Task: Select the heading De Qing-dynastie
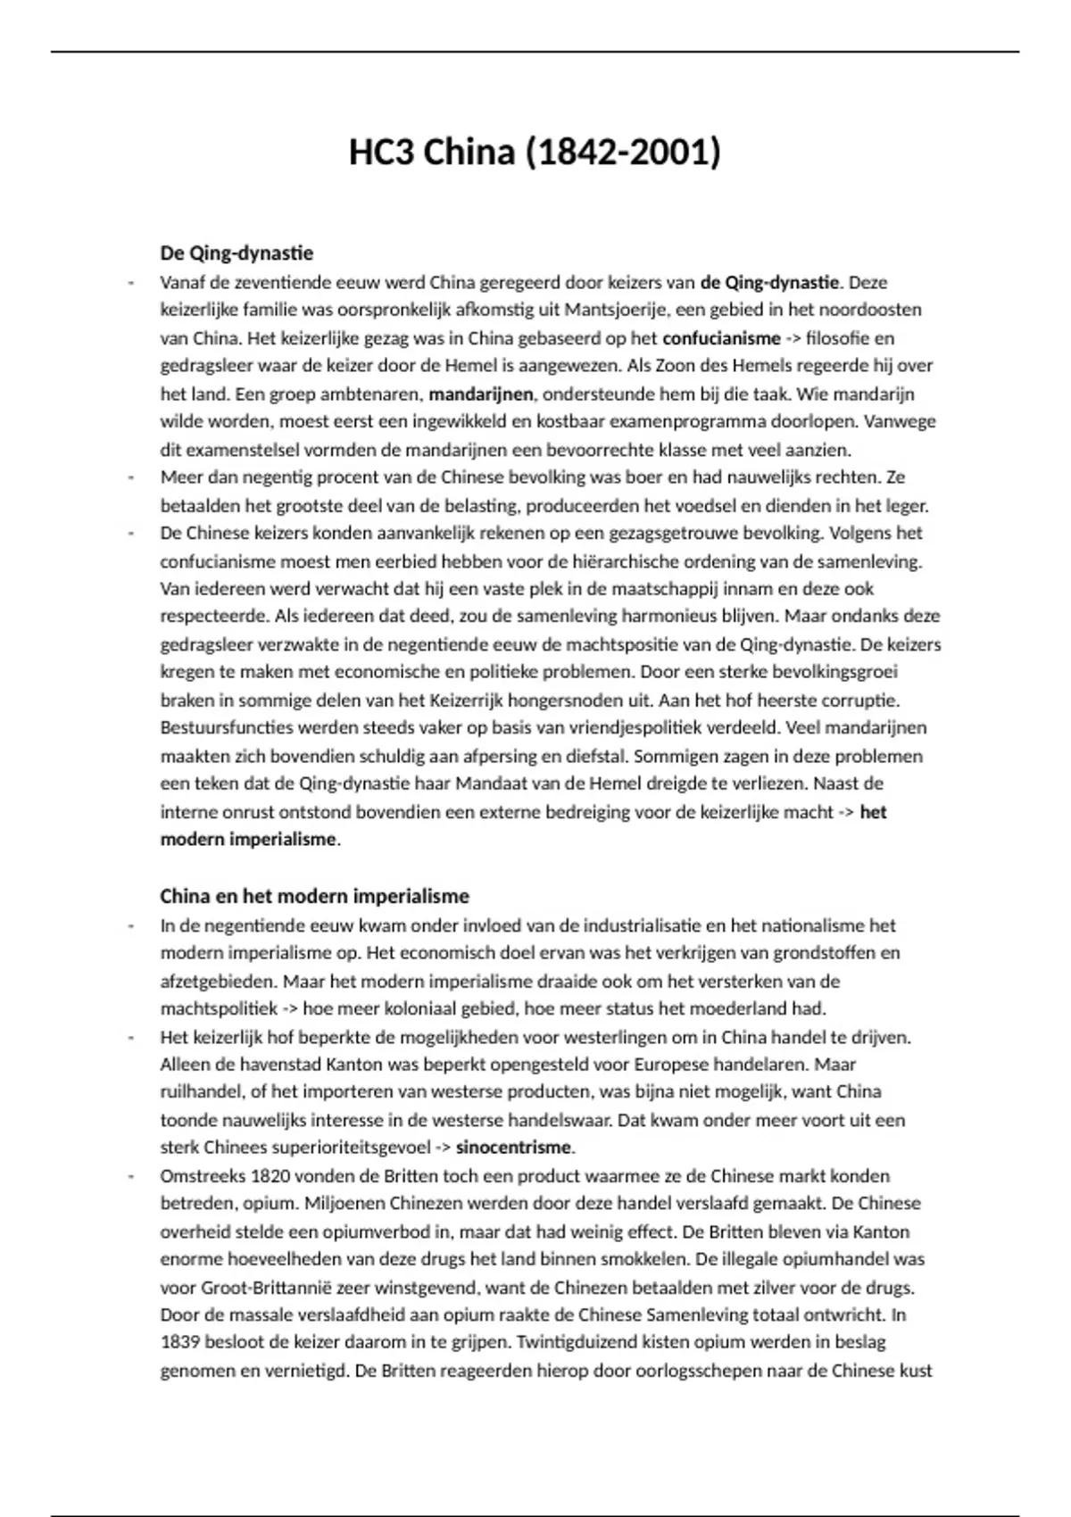237,253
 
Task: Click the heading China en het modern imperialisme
314,896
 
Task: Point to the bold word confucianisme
721,338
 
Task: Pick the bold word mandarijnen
481,394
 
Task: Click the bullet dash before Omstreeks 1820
132,1176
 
